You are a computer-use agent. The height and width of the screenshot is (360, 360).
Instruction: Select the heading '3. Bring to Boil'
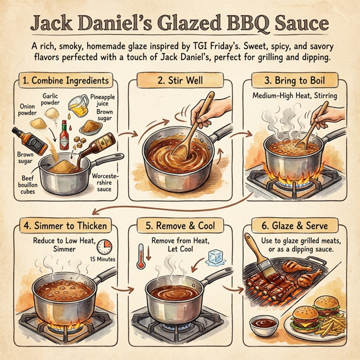pyautogui.click(x=299, y=80)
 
